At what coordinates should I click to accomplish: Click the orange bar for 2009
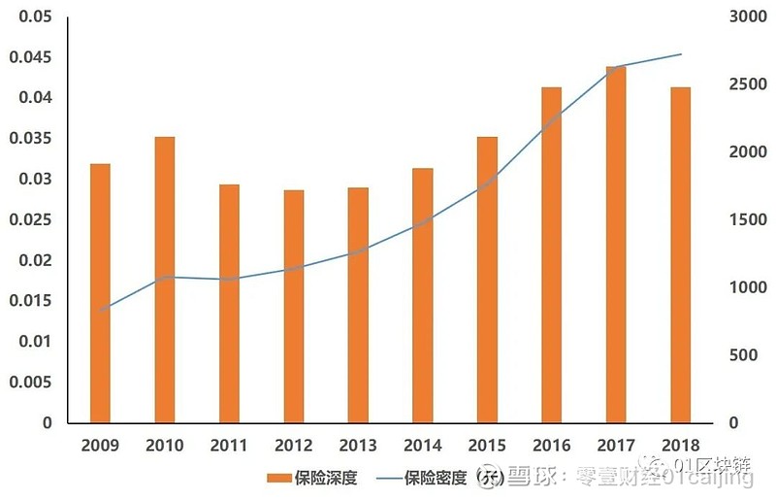coord(100,293)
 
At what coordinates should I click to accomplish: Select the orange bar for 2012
coord(294,306)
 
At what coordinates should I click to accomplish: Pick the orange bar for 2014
coord(423,295)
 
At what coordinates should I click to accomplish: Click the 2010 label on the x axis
coord(165,446)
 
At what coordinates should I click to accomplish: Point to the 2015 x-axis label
coord(488,446)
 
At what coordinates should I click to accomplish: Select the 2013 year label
coord(359,446)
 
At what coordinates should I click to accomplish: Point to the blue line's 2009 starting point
coord(100,311)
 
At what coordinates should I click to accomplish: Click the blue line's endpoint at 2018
coord(681,54)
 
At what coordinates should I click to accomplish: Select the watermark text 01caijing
coord(707,478)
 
